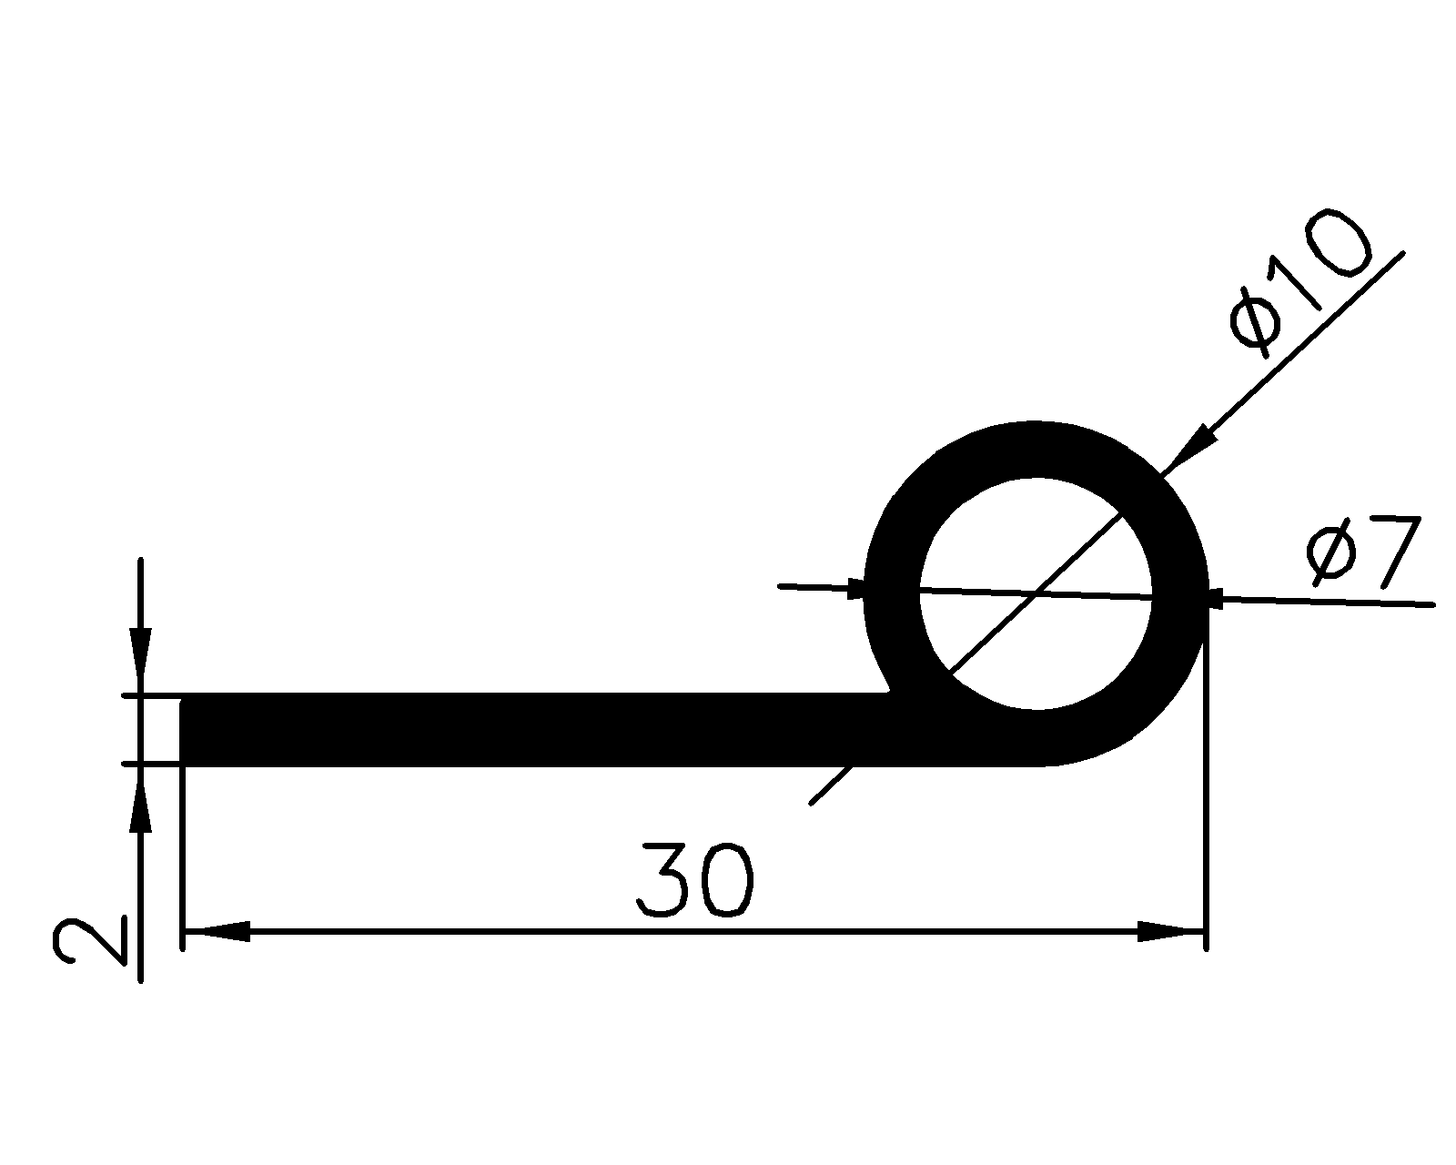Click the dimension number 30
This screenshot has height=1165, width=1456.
coord(697,880)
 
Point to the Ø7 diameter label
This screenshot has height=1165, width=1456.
coord(1360,552)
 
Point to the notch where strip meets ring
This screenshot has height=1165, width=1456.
coord(890,694)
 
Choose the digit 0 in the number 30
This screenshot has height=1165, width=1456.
coord(728,880)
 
